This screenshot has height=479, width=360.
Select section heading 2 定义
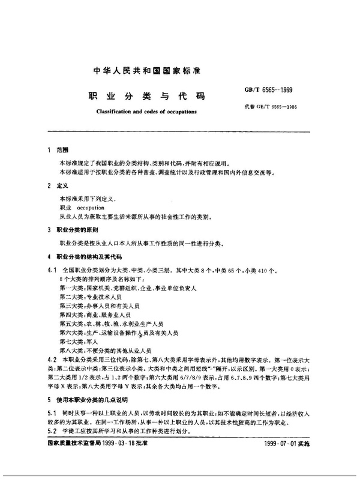click(58, 187)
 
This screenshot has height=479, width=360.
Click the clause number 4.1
click(51, 271)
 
